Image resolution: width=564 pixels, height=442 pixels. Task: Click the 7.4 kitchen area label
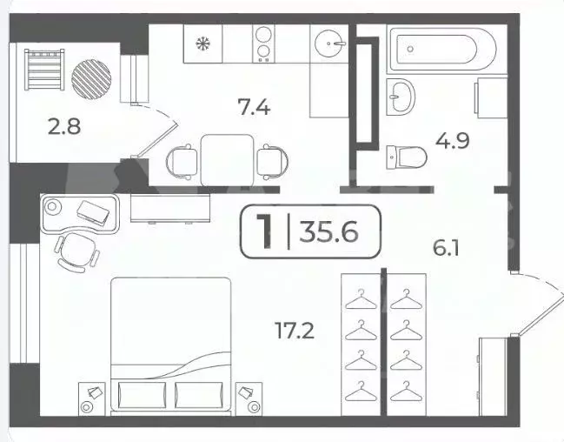click(255, 108)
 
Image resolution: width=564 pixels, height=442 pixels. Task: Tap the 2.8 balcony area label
click(63, 125)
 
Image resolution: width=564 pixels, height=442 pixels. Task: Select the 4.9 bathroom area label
click(453, 140)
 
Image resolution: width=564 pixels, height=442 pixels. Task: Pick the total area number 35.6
click(328, 232)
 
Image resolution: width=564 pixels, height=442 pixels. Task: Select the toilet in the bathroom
click(404, 157)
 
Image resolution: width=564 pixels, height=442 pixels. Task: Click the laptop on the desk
click(94, 211)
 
